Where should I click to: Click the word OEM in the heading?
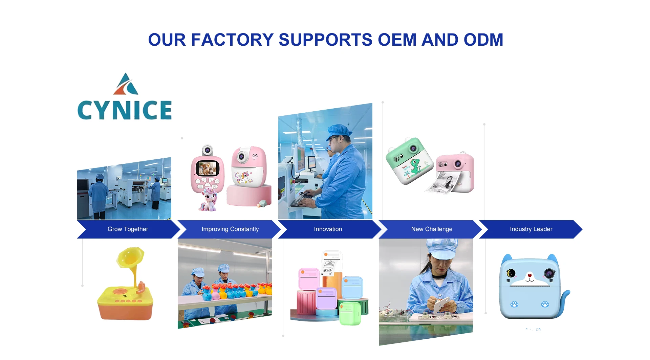pos(397,40)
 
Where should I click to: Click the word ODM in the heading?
pos(483,40)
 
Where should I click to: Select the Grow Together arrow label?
pos(128,229)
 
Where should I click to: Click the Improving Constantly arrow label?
pos(230,229)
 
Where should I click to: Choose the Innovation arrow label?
pos(328,229)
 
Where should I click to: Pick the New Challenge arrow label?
pos(432,229)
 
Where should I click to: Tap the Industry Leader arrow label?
pos(531,229)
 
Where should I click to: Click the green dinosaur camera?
pos(409,161)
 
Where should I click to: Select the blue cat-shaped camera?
pos(532,286)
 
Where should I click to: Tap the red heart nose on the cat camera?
pos(530,276)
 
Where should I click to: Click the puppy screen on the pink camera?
pos(208,168)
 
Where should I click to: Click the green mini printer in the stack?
pos(350,313)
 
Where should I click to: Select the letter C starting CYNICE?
pos(85,110)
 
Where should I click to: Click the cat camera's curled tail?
pos(565,301)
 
